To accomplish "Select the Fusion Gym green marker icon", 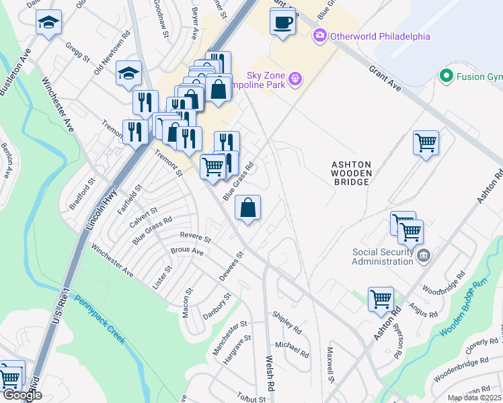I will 445,76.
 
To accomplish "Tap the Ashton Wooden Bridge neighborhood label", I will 350,173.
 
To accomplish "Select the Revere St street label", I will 195,236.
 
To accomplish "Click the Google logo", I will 22,395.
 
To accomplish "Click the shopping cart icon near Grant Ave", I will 426,142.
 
